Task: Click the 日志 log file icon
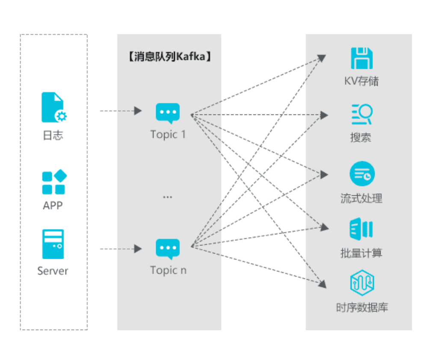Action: click(54, 107)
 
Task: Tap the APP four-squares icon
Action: click(54, 182)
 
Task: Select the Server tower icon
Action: click(53, 244)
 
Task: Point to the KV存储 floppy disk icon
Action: click(361, 58)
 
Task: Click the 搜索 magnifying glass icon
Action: click(362, 114)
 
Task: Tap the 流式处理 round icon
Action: click(362, 174)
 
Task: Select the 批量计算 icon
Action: click(361, 229)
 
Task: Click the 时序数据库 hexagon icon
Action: click(362, 283)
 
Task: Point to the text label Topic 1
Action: click(168, 134)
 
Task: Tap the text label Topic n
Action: click(168, 270)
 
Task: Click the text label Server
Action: click(53, 271)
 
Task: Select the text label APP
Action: click(53, 205)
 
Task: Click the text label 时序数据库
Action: click(362, 307)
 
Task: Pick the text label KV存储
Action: click(361, 81)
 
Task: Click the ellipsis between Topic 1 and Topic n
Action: click(168, 197)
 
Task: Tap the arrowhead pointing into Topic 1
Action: click(138, 111)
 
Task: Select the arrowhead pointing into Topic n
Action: click(138, 249)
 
